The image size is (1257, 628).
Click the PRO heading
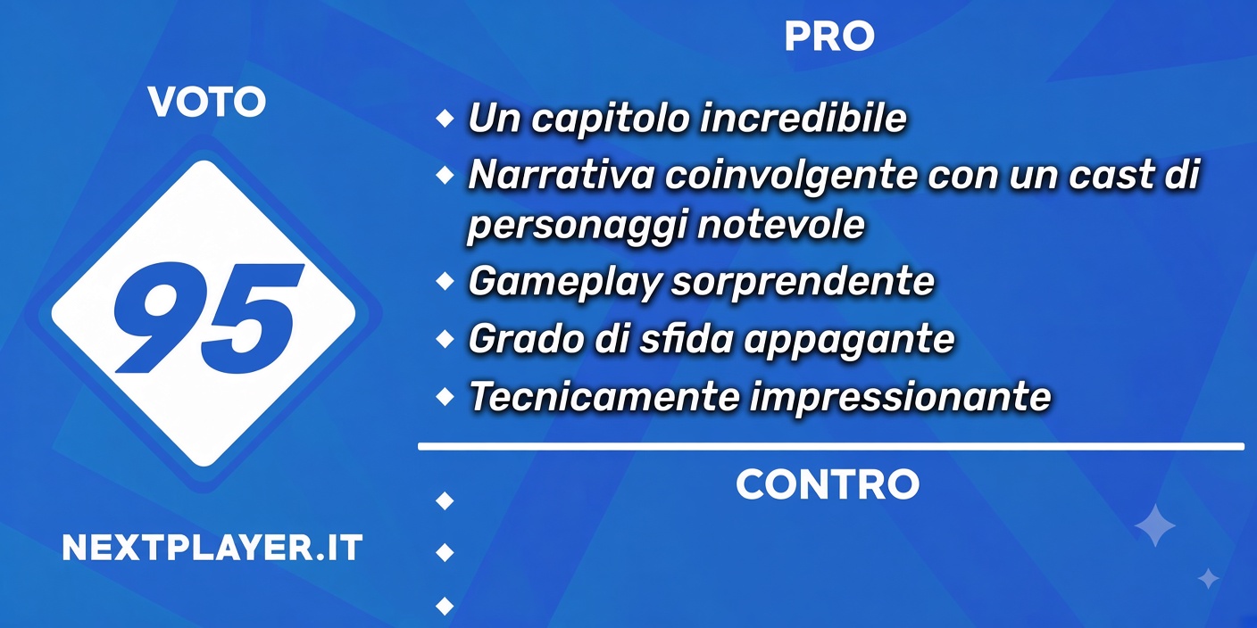tap(828, 37)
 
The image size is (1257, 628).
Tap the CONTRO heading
tap(828, 484)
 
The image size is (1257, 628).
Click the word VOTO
tap(207, 102)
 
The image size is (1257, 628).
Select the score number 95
tap(208, 318)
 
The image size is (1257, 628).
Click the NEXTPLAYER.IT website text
tap(212, 548)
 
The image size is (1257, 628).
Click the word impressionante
tap(901, 397)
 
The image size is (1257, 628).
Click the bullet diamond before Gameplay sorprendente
tap(445, 281)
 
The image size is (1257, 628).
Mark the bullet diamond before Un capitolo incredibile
tap(445, 118)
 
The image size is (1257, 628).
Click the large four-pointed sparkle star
tap(1155, 525)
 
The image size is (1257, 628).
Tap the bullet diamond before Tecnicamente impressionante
tap(445, 396)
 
